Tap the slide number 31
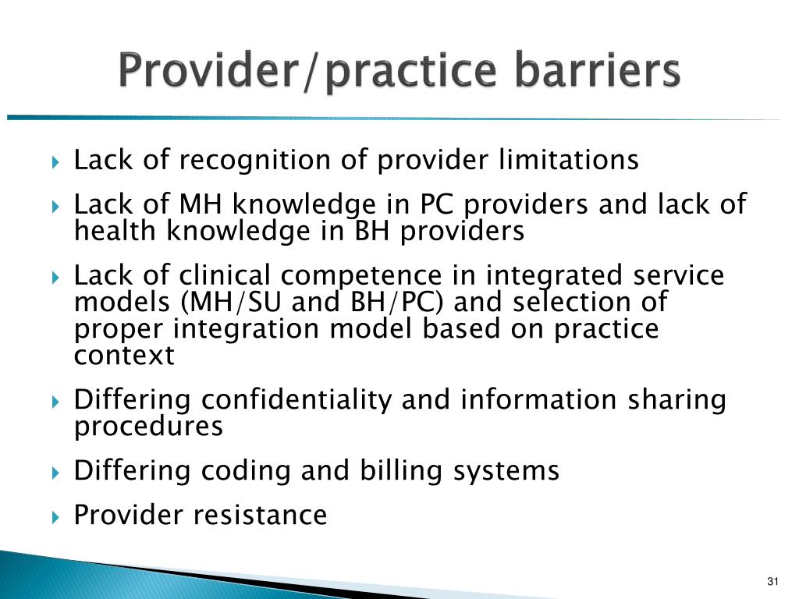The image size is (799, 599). pyautogui.click(x=773, y=582)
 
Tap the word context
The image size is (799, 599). pyautogui.click(x=124, y=356)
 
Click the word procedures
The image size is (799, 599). pyautogui.click(x=148, y=427)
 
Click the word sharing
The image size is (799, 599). pyautogui.click(x=676, y=400)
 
